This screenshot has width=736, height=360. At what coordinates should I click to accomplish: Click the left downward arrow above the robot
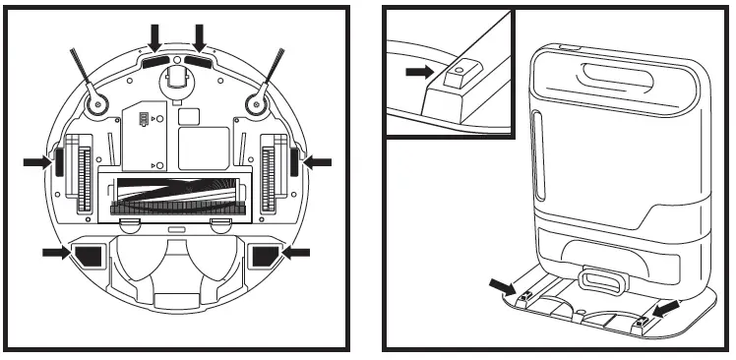click(x=154, y=38)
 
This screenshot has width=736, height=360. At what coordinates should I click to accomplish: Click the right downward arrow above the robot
click(x=201, y=38)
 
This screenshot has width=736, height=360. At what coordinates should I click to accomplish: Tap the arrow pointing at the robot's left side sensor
click(x=36, y=161)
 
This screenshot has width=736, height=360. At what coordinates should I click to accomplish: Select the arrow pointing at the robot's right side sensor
click(x=319, y=161)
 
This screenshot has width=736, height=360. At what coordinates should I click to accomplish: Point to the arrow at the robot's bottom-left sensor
click(x=58, y=253)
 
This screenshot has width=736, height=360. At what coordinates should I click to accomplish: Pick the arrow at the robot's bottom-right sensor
click(x=296, y=253)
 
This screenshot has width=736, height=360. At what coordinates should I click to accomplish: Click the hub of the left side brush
click(x=95, y=100)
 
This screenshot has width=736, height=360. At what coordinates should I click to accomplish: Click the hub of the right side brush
click(x=260, y=100)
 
